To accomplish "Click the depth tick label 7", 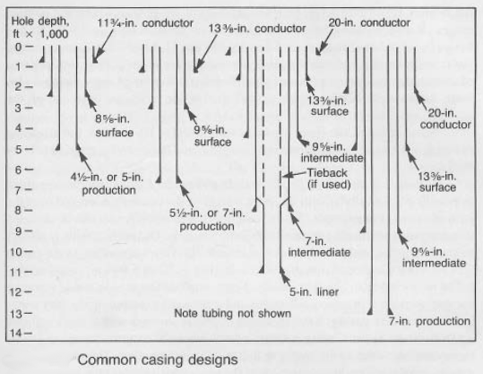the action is point(18,190).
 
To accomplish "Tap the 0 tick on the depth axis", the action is point(19,47).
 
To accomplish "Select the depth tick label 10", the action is point(16,252).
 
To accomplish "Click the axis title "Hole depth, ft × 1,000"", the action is point(40,28).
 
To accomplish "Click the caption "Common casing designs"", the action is point(158,360).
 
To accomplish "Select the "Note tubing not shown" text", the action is point(233,313).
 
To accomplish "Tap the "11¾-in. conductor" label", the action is point(145,22).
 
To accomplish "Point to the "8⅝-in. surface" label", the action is point(115,126).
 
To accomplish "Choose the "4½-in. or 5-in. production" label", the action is point(108,184).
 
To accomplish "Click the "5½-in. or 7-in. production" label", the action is point(207,220).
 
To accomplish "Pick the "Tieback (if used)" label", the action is point(329,178).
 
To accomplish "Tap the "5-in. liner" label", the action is point(314,292).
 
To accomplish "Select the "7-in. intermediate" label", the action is point(319,247).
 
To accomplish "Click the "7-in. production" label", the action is point(429,321).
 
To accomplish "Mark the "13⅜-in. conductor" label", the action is point(257,29).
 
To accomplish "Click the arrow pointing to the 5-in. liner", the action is point(285,276).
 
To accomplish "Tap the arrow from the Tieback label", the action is point(295,175).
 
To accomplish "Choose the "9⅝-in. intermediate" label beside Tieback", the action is point(332,152).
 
